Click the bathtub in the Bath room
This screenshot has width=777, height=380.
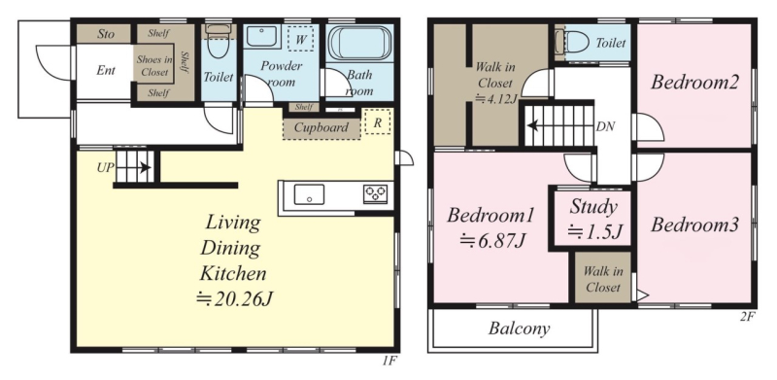[x=359, y=43]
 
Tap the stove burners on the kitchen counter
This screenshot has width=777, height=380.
[x=375, y=194]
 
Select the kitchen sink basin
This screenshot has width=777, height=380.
[x=309, y=194]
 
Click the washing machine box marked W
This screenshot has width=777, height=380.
[x=300, y=38]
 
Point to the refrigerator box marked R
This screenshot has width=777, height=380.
[x=378, y=122]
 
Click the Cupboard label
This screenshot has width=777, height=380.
[x=321, y=127]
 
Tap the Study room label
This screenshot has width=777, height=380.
[x=592, y=207]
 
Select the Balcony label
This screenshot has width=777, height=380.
[x=519, y=328]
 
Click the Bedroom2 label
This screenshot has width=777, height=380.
[x=694, y=83]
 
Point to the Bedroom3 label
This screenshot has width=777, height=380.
[x=694, y=225]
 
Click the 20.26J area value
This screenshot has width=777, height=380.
[x=234, y=299]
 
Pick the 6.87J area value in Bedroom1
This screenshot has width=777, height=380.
[x=492, y=241]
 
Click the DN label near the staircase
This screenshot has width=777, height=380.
[x=605, y=127]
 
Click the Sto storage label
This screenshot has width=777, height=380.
[x=106, y=34]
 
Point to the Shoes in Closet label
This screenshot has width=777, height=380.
[x=154, y=66]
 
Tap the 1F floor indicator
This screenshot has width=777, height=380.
[x=389, y=362]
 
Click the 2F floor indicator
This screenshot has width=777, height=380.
[x=748, y=318]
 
